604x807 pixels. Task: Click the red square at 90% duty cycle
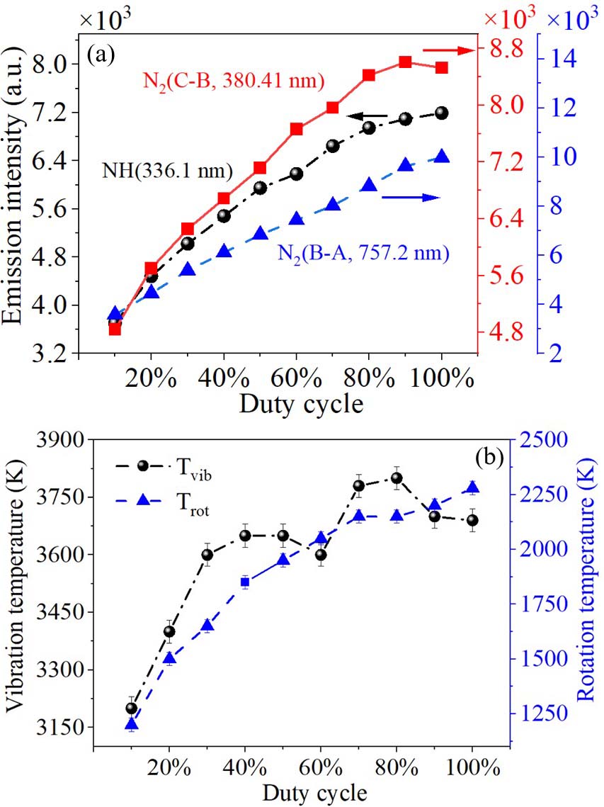coord(406,62)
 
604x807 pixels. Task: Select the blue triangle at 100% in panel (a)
coord(442,157)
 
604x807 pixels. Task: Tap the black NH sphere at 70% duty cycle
coord(333,146)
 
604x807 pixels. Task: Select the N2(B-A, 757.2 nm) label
coord(363,251)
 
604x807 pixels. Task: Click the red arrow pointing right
coord(448,50)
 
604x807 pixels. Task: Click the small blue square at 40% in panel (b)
coord(245,582)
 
